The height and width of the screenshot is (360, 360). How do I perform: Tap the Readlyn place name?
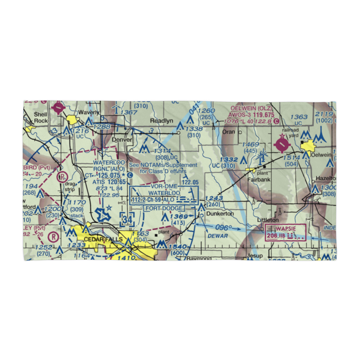162,121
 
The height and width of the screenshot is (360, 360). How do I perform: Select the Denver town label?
120,139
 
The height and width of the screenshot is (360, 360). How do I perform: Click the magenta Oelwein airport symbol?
282,145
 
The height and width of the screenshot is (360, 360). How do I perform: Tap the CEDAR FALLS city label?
98,239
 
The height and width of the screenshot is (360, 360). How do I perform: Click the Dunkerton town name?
220,213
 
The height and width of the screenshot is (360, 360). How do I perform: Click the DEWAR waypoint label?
218,236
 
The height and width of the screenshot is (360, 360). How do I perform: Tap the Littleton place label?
268,220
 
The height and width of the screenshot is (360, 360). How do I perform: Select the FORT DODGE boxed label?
164,208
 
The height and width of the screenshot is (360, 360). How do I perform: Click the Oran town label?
229,132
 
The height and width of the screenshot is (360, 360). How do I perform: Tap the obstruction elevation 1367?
130,113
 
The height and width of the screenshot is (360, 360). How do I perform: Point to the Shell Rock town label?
41,117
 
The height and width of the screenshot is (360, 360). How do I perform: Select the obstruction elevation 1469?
251,144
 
